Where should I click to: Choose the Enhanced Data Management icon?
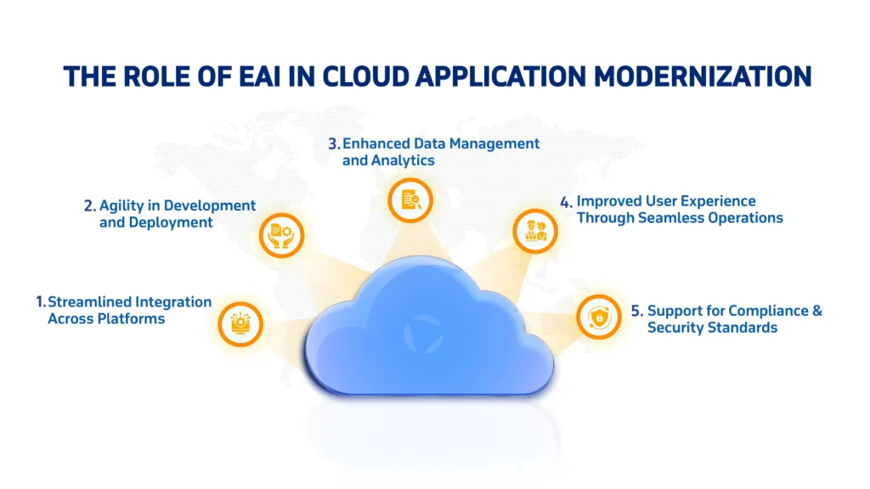(410, 200)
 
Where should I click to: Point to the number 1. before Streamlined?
(40, 302)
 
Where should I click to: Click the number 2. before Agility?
(89, 205)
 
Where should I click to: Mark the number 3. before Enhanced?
(334, 143)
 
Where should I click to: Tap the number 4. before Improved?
(566, 202)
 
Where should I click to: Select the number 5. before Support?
(636, 311)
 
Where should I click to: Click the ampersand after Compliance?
(817, 311)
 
